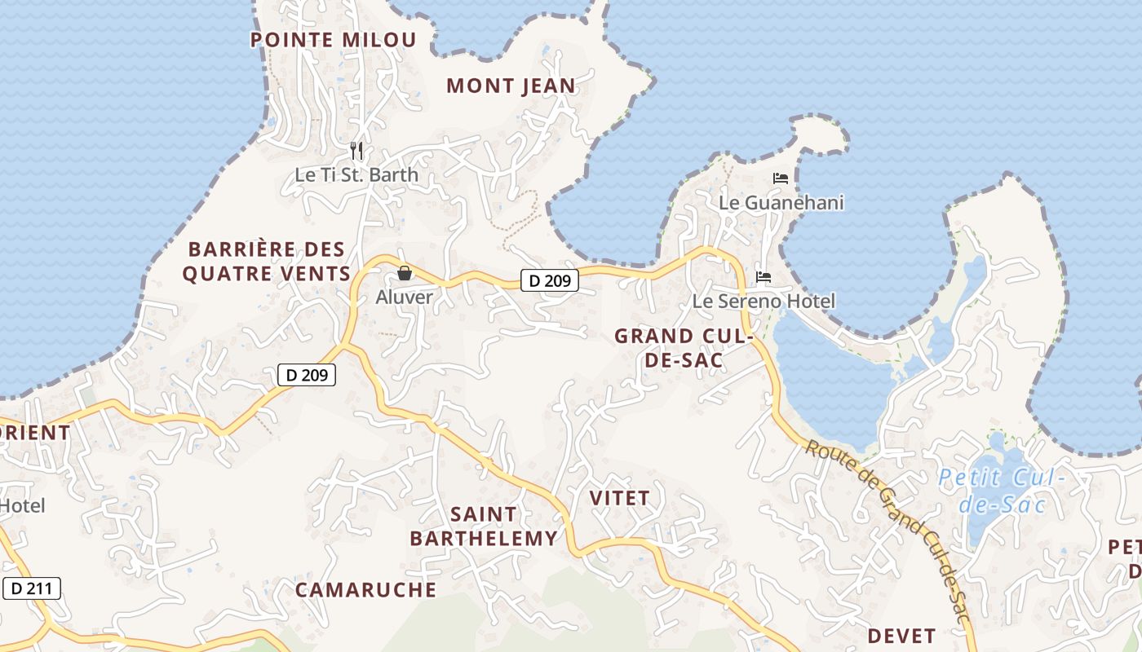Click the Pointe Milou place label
(333, 40)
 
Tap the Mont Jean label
(511, 86)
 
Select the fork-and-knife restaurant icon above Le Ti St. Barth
(356, 151)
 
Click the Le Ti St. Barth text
(356, 175)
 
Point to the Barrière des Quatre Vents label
(267, 262)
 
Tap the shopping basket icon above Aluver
(404, 273)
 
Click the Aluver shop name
(404, 297)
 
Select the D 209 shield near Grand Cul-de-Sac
(549, 281)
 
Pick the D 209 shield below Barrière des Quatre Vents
(307, 375)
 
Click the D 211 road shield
(32, 588)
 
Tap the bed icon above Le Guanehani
(781, 178)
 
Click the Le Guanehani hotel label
(781, 202)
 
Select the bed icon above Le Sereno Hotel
(764, 277)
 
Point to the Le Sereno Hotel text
(764, 302)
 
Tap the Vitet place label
(619, 498)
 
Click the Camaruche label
(365, 590)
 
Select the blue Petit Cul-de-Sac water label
(1001, 491)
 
